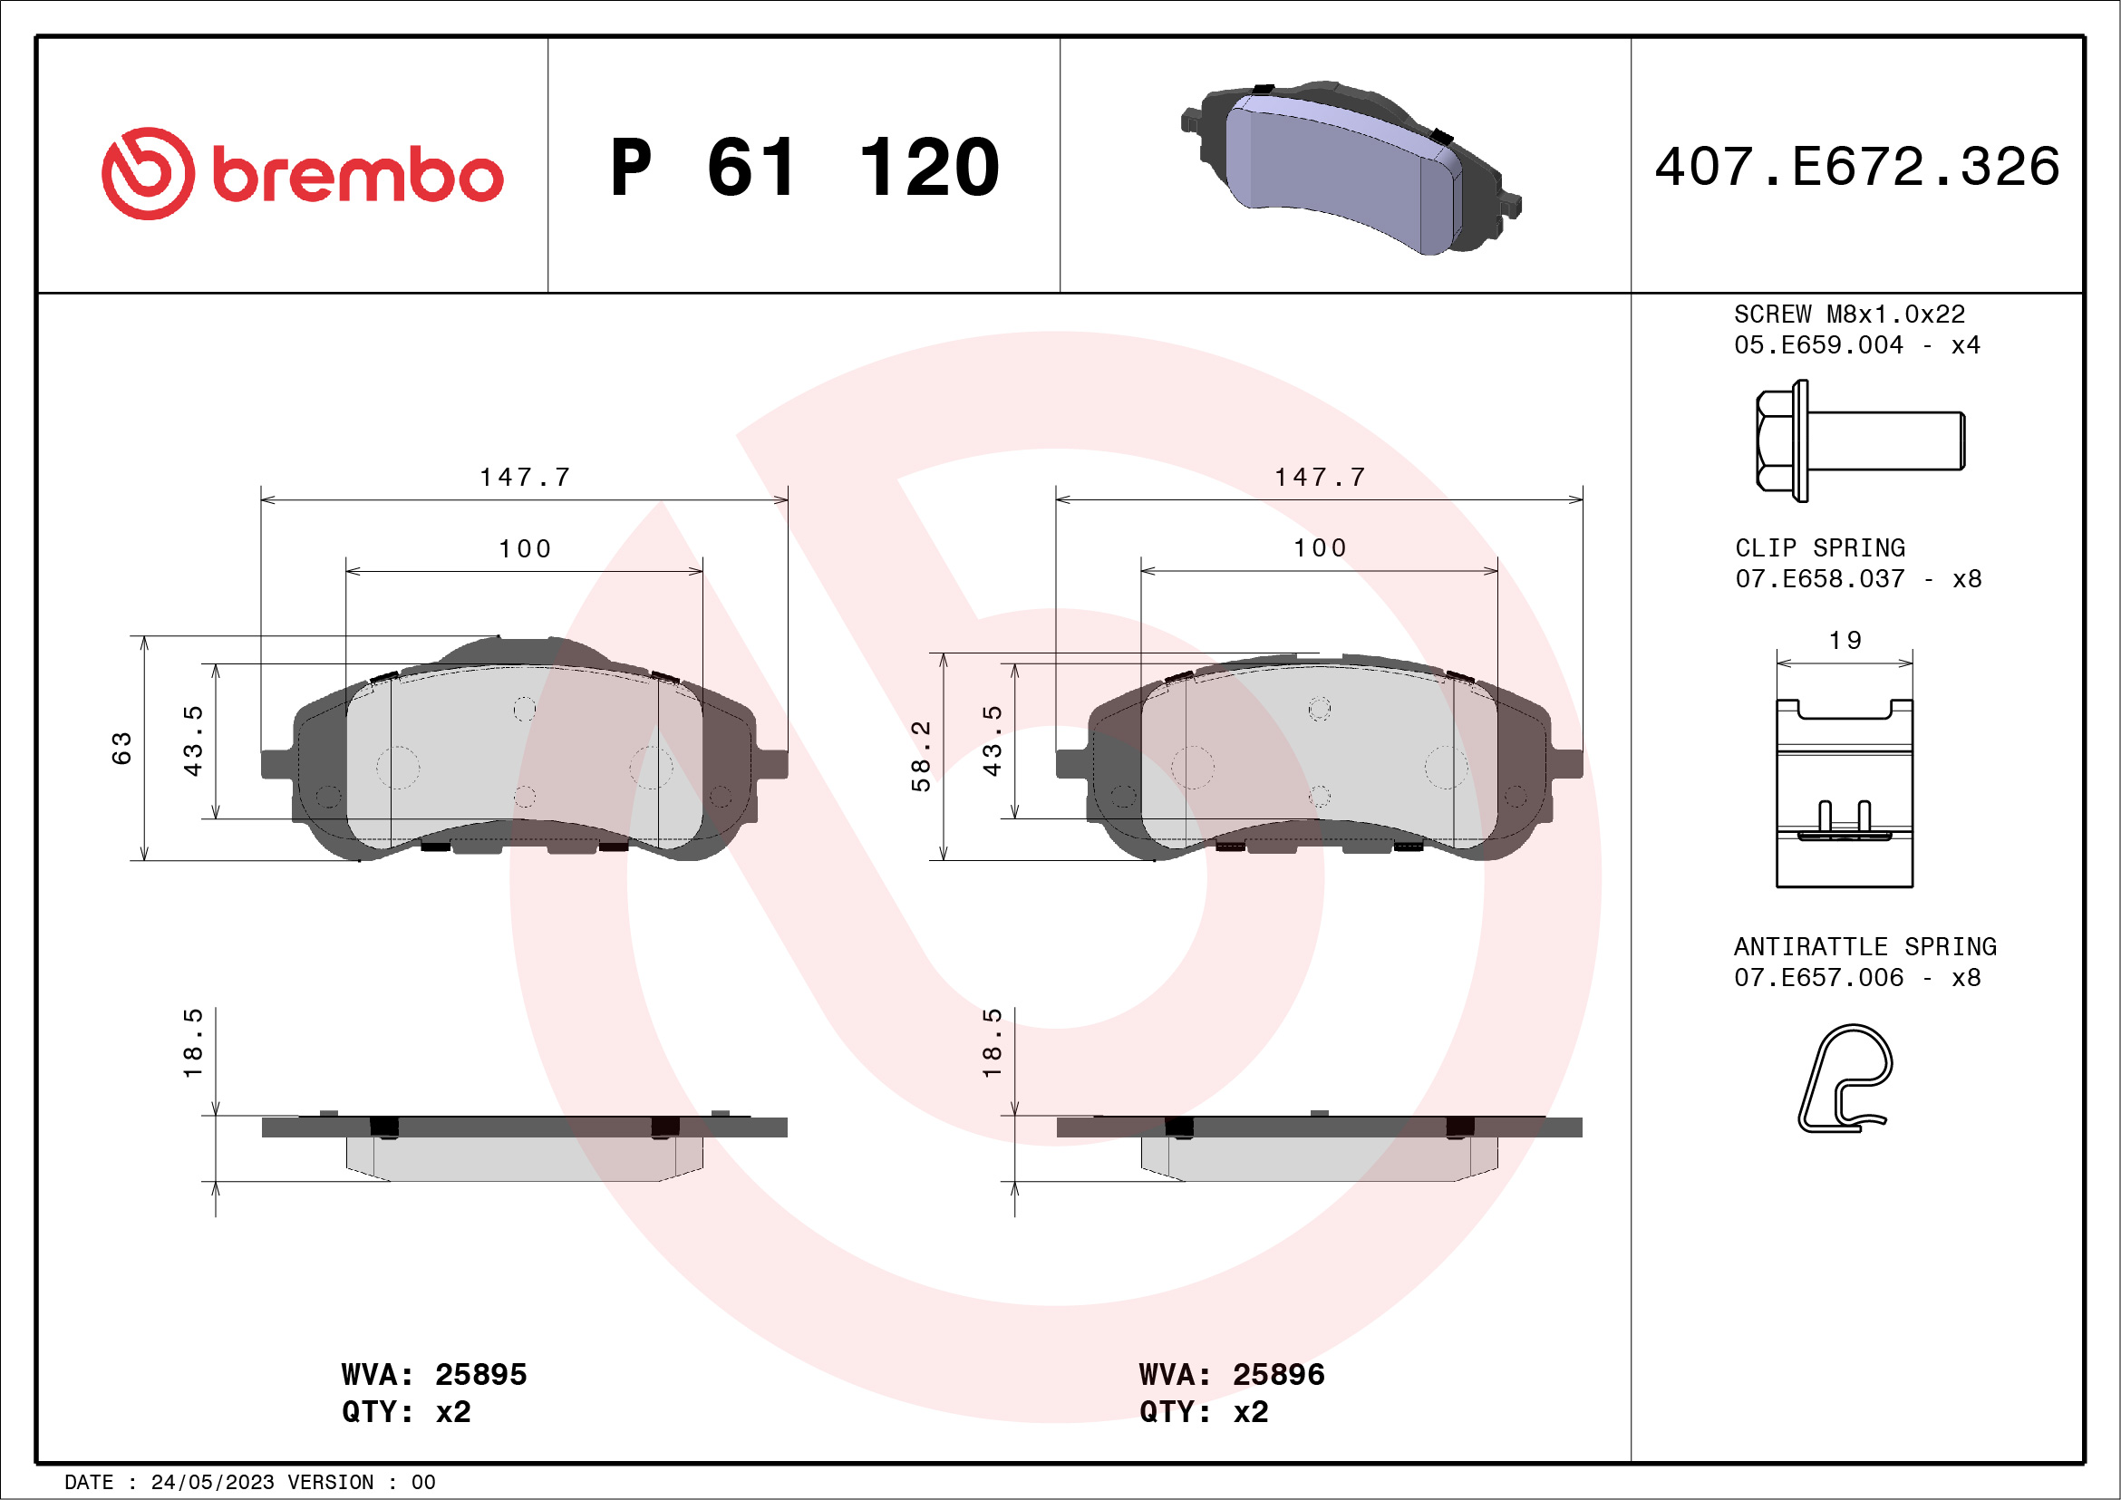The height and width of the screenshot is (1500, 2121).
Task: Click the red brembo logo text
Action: point(356,175)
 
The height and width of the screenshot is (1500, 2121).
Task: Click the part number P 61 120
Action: point(804,168)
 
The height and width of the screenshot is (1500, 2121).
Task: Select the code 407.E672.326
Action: point(1857,167)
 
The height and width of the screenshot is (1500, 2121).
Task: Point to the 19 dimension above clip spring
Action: point(1845,640)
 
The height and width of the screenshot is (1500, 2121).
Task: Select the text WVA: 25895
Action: point(433,1374)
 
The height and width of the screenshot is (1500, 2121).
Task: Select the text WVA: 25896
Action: point(1231,1374)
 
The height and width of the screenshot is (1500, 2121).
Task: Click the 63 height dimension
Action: point(122,748)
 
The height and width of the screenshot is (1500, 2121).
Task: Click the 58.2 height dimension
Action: point(921,756)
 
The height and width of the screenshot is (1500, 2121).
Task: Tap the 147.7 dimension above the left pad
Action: point(525,478)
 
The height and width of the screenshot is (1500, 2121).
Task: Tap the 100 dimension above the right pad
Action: point(1319,548)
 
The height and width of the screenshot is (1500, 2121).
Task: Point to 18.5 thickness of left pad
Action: point(192,1043)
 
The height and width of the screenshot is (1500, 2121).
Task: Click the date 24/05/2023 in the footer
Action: point(212,1483)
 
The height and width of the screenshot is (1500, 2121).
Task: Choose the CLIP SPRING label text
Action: point(1819,547)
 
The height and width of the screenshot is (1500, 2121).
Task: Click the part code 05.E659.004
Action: point(1817,345)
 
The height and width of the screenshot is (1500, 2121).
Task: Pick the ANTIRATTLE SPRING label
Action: point(1864,947)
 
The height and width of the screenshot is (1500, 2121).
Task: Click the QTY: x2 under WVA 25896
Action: point(1203,1412)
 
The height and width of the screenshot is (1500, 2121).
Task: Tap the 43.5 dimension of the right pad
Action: point(993,740)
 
